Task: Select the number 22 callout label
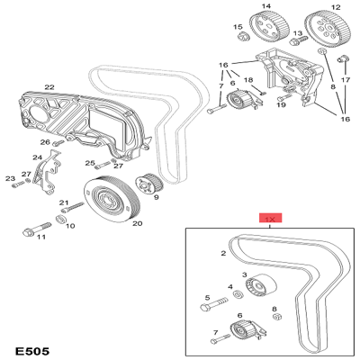tap(49, 87)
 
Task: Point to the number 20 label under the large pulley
tap(138, 223)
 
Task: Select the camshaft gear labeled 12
tap(322, 26)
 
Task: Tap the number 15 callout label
tap(238, 27)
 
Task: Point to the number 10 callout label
tap(70, 225)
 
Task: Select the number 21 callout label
tap(64, 202)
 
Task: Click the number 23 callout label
tap(10, 179)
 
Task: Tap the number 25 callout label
tap(90, 163)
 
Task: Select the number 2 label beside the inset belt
tap(222, 254)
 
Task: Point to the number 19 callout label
tap(281, 105)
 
